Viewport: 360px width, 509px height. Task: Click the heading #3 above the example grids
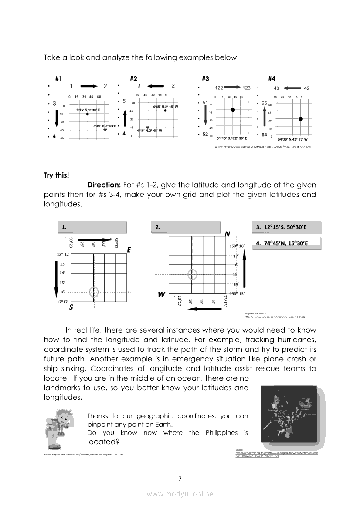coord(205,79)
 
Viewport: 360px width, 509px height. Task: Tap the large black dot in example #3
coord(233,110)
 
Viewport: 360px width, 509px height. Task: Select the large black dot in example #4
coord(301,118)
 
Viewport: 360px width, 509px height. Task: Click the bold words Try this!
coord(56,175)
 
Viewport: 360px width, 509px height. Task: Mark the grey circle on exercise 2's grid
coord(192,275)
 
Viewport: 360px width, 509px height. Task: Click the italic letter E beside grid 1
coord(129,250)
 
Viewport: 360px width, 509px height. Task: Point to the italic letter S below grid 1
coord(71,307)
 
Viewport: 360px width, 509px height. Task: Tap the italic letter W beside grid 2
coord(161,295)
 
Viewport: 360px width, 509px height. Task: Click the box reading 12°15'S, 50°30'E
coord(286,227)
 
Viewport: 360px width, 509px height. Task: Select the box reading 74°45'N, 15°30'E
coord(286,243)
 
